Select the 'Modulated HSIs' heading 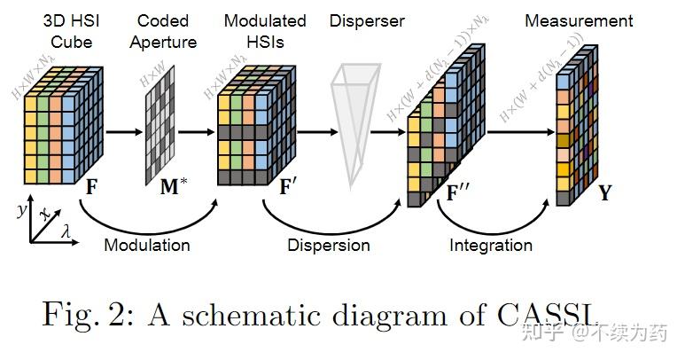pyautogui.click(x=265, y=31)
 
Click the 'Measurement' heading pyautogui.click(x=579, y=20)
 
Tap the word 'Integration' pyautogui.click(x=491, y=245)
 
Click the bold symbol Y pyautogui.click(x=604, y=192)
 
